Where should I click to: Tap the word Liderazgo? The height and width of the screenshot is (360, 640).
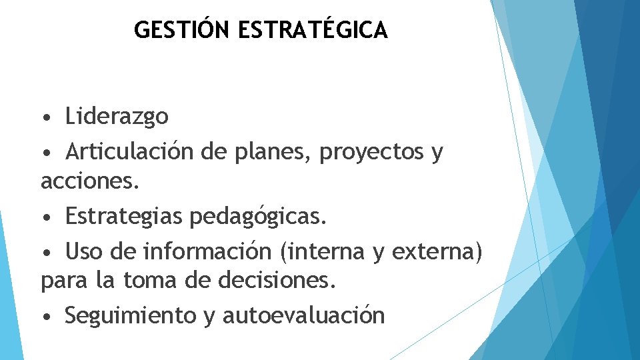tap(117, 117)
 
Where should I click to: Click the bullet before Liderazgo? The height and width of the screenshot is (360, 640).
tap(45, 119)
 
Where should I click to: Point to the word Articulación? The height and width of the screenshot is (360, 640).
tap(131, 152)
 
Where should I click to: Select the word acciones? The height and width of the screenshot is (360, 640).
tap(91, 181)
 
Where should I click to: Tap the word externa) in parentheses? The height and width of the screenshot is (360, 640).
tap(437, 252)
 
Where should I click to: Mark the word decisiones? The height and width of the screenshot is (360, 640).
tap(277, 282)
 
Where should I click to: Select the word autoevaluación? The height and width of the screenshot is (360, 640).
tap(303, 315)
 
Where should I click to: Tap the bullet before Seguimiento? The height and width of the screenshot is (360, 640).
tap(45, 317)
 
